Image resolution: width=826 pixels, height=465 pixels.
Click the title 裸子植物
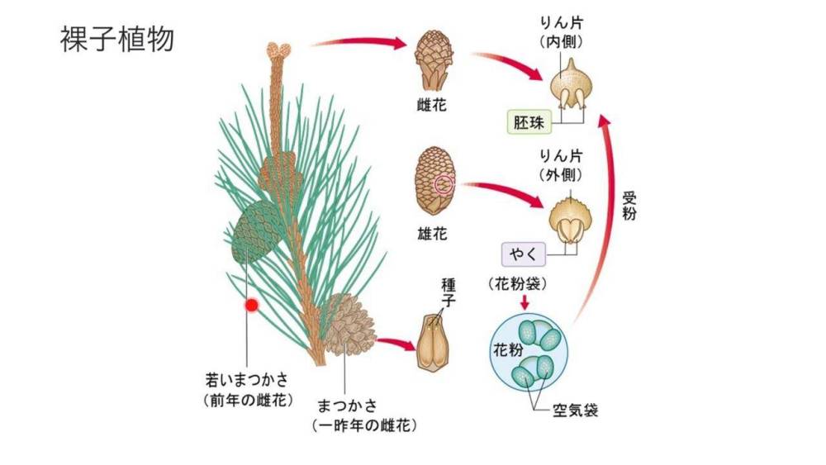click(x=116, y=39)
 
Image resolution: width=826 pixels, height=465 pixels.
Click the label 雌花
click(x=432, y=105)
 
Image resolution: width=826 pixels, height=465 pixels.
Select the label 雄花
click(x=432, y=234)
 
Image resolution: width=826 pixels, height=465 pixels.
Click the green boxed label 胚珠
click(x=529, y=123)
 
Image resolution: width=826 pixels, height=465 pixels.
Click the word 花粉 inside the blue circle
click(x=507, y=349)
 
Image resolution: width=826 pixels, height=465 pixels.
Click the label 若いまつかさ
click(x=247, y=382)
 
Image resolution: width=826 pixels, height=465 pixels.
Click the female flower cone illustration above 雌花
click(x=431, y=59)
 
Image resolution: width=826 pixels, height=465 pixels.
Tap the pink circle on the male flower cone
click(x=444, y=184)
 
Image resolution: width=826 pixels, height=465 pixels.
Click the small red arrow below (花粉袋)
click(x=525, y=301)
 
